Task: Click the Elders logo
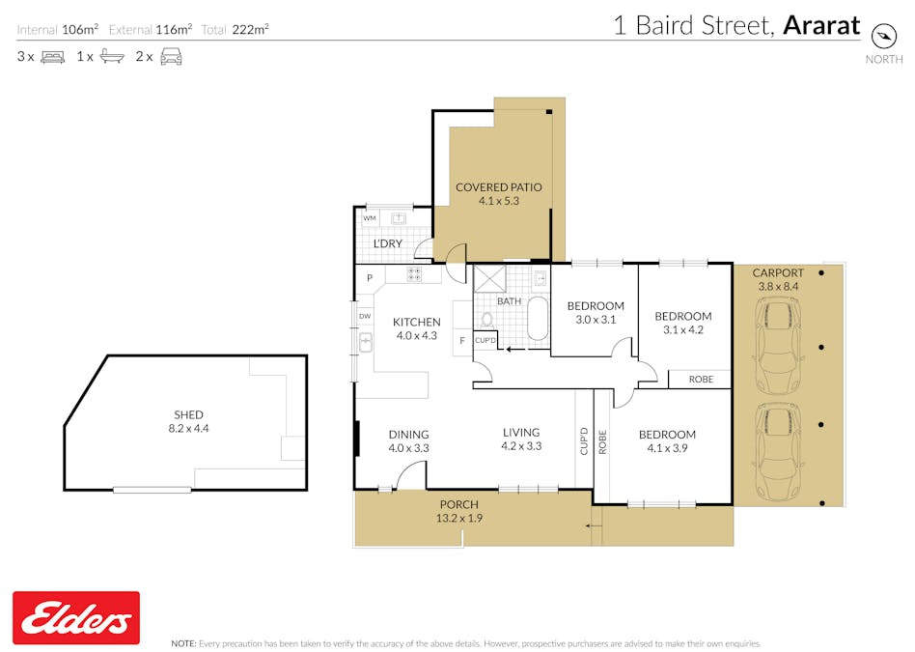75,618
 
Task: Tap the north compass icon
884,36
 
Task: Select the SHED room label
188,414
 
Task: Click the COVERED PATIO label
499,187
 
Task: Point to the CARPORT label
778,273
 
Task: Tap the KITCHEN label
416,322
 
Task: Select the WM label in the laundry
370,219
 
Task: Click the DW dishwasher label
365,316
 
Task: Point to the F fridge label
462,341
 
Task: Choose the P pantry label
370,279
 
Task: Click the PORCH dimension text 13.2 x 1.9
459,519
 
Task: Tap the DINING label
408,435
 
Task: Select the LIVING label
521,433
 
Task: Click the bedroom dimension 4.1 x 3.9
667,448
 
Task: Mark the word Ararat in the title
820,25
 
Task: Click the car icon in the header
171,57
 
